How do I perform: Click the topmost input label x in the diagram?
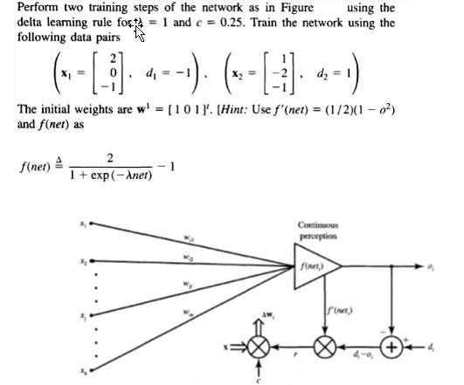click(x=82, y=223)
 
